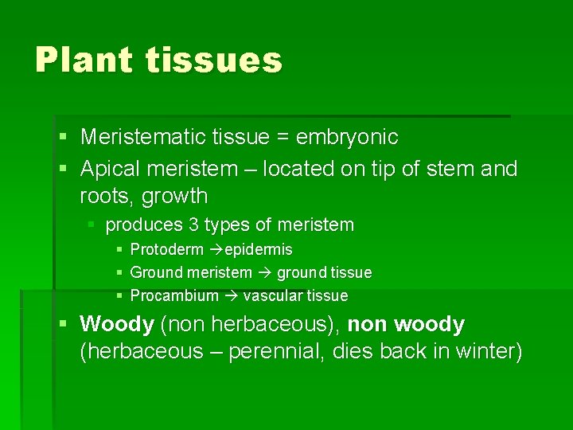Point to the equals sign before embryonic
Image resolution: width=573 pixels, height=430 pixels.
point(282,138)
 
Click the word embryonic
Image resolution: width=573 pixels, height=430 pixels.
point(347,138)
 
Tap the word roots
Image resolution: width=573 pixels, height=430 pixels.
point(104,196)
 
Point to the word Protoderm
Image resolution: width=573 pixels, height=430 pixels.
point(166,250)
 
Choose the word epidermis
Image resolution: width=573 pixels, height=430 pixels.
point(259,250)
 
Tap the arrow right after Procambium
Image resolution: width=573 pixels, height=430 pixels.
point(231,296)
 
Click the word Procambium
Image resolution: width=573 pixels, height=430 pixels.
point(174,296)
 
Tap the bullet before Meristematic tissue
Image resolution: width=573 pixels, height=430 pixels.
point(63,138)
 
